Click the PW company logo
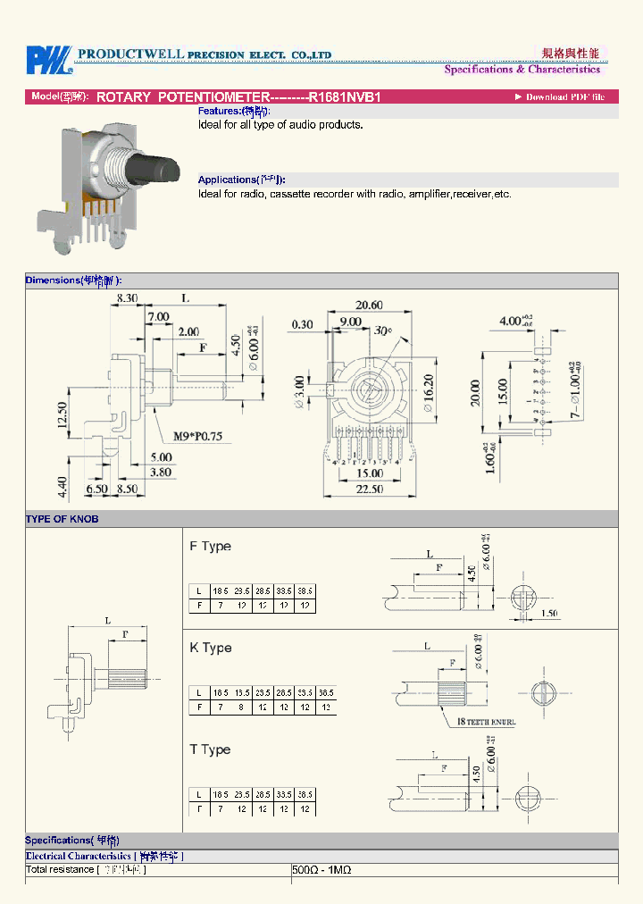[x=48, y=61]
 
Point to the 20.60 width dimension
[x=368, y=306]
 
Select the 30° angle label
[x=383, y=331]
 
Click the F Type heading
[x=210, y=546]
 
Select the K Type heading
[x=210, y=648]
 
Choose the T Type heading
[x=210, y=749]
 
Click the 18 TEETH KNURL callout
[x=487, y=721]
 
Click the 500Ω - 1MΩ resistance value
[x=321, y=869]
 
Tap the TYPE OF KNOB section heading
[x=62, y=519]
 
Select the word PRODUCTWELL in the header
[x=130, y=54]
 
